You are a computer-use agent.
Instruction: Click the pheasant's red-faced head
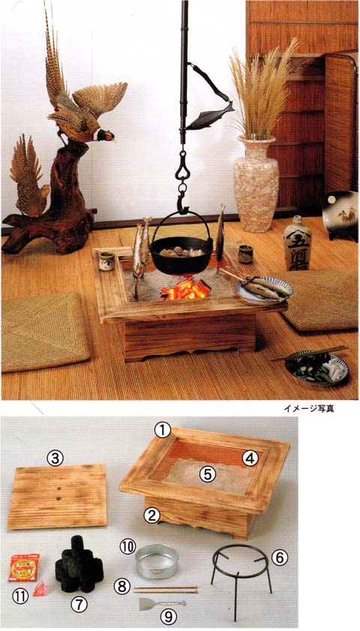coord(107,137)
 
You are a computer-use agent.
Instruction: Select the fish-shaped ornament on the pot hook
coord(210,116)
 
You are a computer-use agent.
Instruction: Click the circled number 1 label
coord(163,431)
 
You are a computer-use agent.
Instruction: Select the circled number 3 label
coord(53,457)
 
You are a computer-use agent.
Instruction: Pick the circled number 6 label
coord(278,556)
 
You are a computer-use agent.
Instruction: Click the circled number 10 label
coord(127,545)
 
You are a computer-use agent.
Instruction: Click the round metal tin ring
coord(157,562)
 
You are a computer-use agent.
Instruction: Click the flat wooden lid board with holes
coord(58,496)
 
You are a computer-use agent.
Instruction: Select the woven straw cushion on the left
coord(44,331)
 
